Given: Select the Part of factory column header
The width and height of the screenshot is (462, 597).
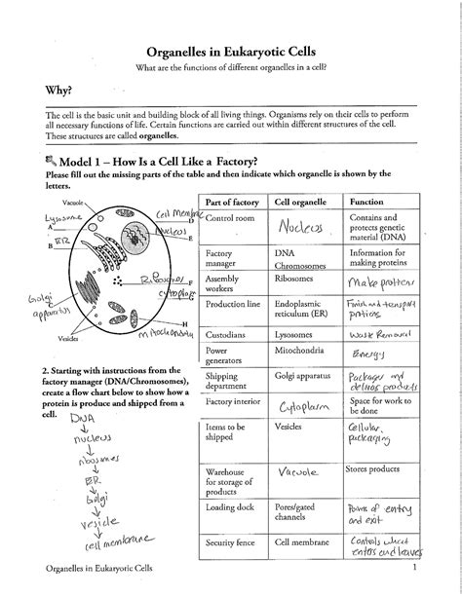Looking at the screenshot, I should (231, 201).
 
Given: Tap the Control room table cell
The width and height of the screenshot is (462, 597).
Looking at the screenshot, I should (230, 219).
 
